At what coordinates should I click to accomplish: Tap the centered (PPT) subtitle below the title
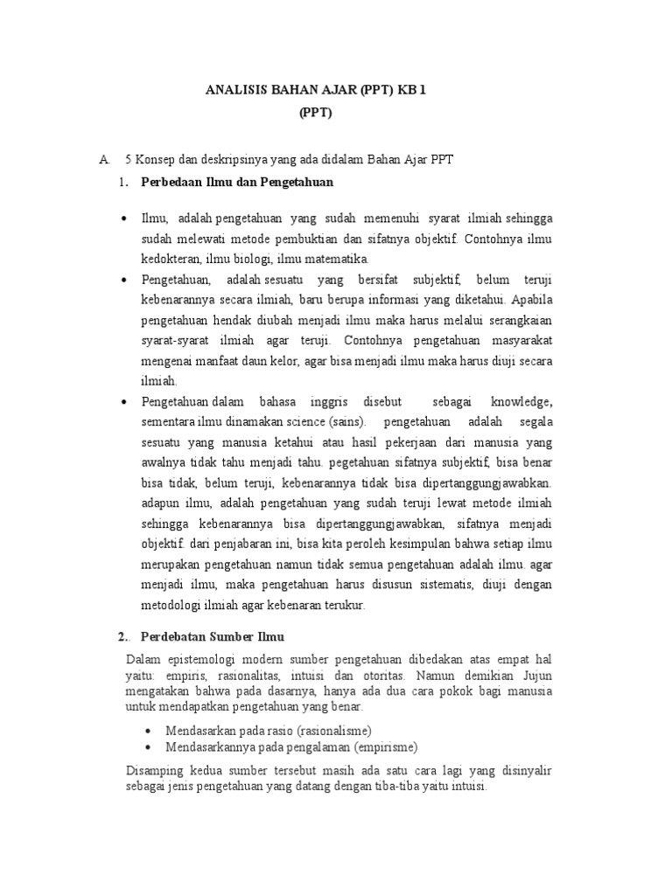(x=316, y=113)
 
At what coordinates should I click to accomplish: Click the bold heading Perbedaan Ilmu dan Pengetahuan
(x=237, y=182)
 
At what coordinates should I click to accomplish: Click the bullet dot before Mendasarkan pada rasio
(x=147, y=730)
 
